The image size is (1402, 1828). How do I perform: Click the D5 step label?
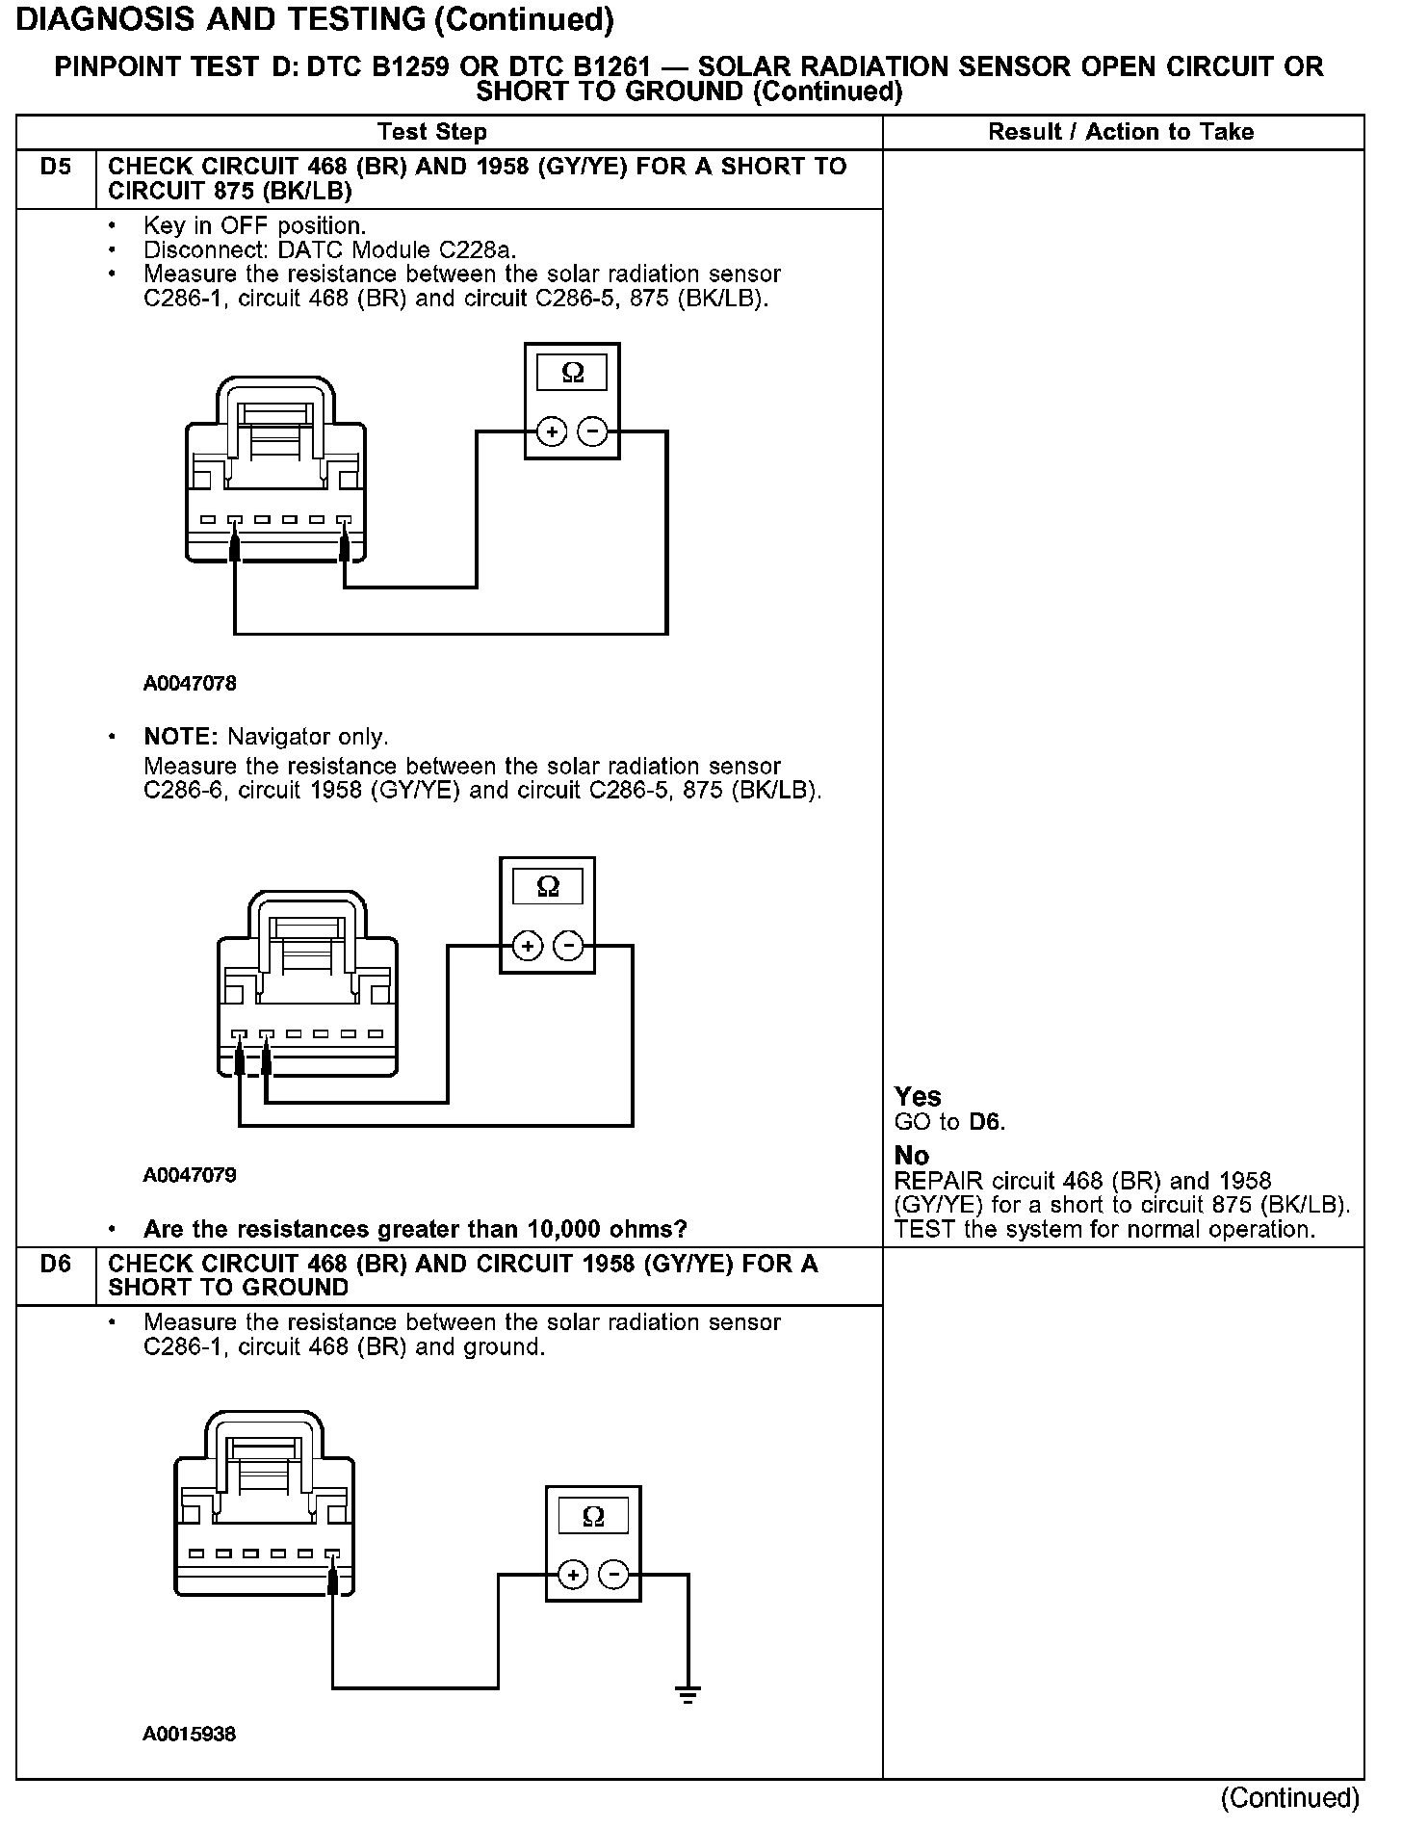[x=56, y=167]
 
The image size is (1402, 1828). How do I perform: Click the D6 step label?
[x=56, y=1264]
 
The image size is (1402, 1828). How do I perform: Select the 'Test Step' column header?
[x=432, y=132]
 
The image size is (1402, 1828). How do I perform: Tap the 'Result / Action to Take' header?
[x=1121, y=132]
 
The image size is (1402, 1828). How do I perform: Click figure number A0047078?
[x=190, y=684]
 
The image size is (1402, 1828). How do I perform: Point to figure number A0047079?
[x=190, y=1175]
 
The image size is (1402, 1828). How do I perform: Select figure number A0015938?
[x=190, y=1734]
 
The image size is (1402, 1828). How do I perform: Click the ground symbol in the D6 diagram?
[x=688, y=1694]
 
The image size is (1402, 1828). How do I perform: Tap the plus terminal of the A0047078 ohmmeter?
[x=552, y=432]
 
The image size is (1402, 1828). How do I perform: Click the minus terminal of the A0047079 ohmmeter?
[x=569, y=947]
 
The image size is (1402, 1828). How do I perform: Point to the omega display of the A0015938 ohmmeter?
[x=594, y=1517]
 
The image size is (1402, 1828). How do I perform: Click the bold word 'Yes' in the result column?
[x=918, y=1096]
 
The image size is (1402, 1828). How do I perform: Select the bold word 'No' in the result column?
[x=912, y=1155]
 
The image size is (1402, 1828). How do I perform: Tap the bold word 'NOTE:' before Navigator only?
[x=182, y=737]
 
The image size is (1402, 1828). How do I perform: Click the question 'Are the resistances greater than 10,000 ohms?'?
[x=415, y=1229]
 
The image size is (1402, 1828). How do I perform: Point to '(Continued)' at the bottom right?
[x=1289, y=1798]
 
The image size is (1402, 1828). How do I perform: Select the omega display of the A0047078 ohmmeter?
[x=573, y=373]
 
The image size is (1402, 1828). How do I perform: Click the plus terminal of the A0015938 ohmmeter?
[x=573, y=1576]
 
